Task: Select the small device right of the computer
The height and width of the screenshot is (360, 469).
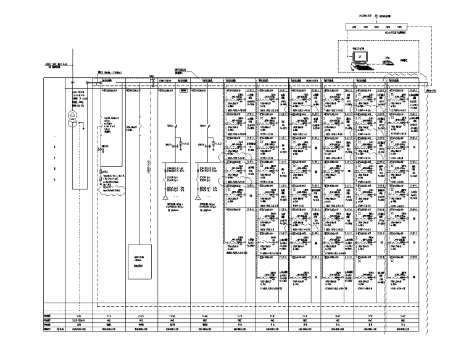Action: (388, 62)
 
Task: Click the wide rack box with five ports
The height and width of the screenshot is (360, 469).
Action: (377, 27)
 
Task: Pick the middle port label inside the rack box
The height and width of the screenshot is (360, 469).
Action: (377, 27)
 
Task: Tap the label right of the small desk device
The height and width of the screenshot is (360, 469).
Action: (404, 60)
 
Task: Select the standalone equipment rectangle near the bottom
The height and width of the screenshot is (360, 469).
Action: (139, 257)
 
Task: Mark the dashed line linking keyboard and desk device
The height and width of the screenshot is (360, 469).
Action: (376, 64)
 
